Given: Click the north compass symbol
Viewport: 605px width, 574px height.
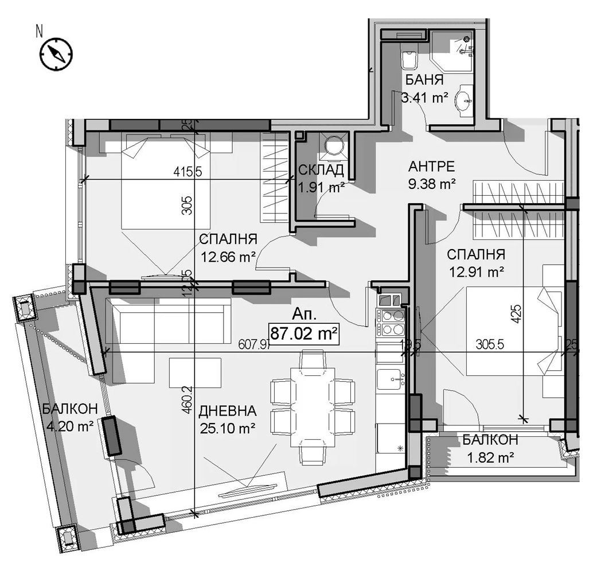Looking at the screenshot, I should pyautogui.click(x=56, y=54).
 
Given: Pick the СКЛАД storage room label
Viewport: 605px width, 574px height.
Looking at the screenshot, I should pyautogui.click(x=321, y=169).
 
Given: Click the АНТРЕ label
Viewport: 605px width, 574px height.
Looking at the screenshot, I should pyautogui.click(x=431, y=166).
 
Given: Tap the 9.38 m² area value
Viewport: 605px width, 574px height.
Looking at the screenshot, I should pyautogui.click(x=431, y=184).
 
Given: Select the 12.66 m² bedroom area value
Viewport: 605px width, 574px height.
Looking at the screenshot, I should pyautogui.click(x=228, y=257).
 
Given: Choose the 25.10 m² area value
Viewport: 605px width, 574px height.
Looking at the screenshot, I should pyautogui.click(x=228, y=428).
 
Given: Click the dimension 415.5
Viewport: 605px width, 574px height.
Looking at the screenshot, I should pyautogui.click(x=190, y=171).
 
